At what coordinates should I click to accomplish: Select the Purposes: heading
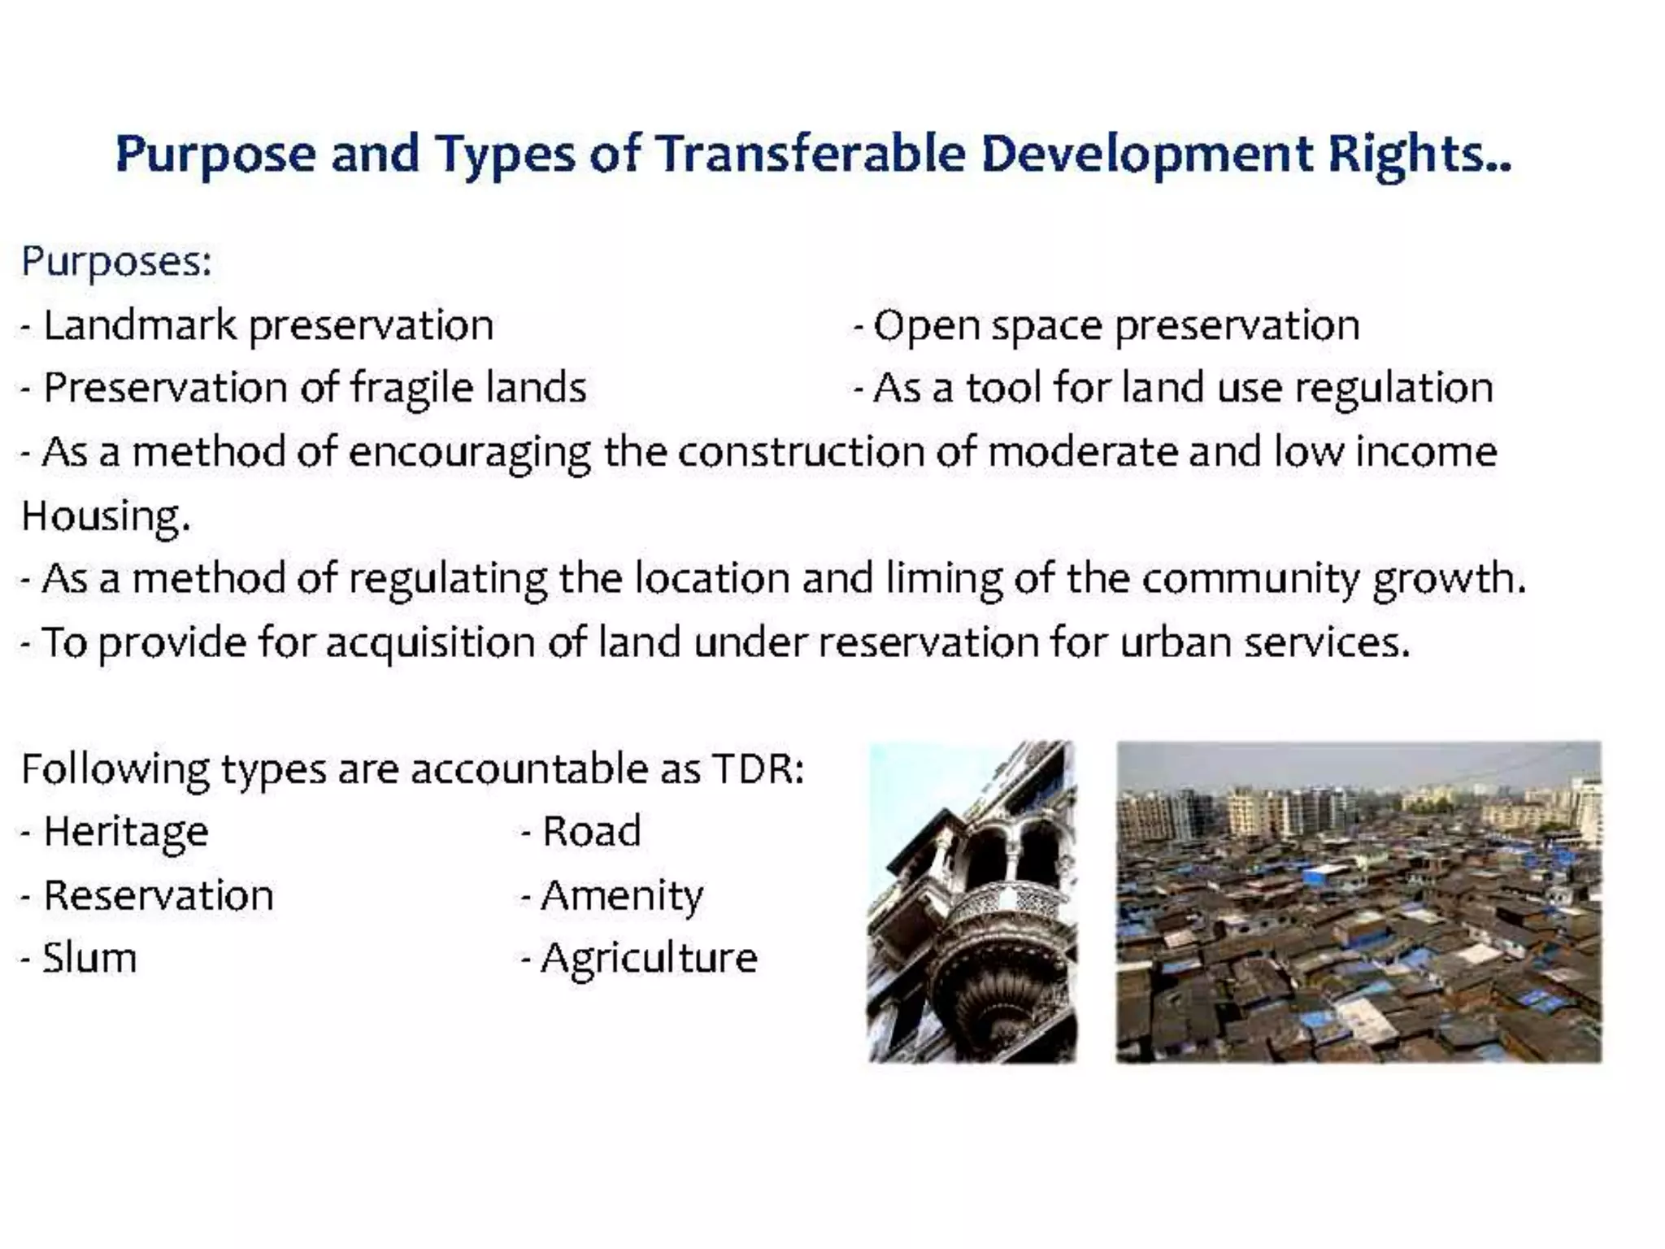tap(116, 263)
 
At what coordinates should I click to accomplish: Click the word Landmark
tap(139, 325)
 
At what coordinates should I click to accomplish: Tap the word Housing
tap(105, 516)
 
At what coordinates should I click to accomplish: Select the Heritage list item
tap(126, 832)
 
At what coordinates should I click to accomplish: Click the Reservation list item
tap(158, 895)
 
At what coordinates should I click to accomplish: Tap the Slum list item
tap(89, 958)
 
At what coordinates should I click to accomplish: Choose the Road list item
tap(591, 832)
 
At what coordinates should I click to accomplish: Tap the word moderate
tap(1082, 452)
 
